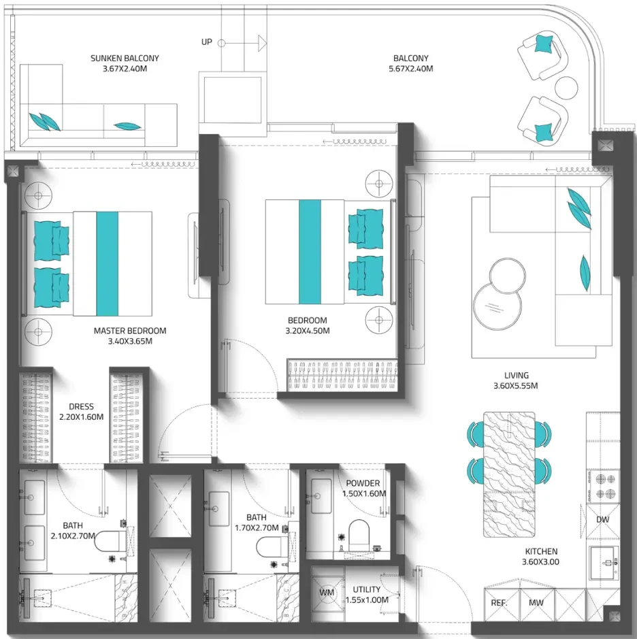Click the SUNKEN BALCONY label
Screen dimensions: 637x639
[125, 59]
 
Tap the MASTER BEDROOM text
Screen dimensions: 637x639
[130, 331]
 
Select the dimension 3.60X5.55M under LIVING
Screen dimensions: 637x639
[516, 386]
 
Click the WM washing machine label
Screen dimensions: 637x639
[327, 593]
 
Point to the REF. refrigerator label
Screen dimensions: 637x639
[499, 603]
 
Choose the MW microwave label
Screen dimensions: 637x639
[536, 603]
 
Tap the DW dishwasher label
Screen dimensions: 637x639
[602, 520]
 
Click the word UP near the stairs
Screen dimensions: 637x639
[207, 42]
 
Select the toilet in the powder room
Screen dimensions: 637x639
[359, 535]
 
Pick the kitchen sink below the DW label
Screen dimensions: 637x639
[604, 563]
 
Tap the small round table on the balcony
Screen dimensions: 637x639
[566, 88]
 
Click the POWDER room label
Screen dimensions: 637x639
[363, 483]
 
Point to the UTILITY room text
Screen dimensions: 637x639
[366, 590]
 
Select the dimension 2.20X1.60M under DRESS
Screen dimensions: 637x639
[81, 417]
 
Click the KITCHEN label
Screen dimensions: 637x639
[541, 551]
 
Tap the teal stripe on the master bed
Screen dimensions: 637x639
[108, 263]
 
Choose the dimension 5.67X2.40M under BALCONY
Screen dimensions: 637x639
[411, 69]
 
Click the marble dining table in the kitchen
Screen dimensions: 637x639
[509, 474]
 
